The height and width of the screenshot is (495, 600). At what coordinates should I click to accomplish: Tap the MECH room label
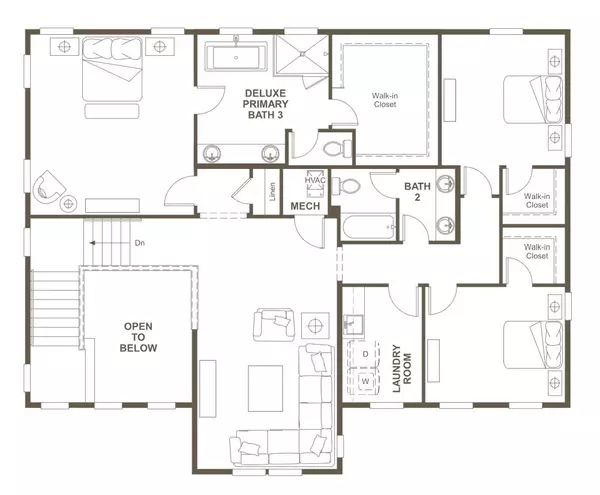(x=304, y=206)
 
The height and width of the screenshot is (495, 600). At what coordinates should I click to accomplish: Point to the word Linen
(x=274, y=191)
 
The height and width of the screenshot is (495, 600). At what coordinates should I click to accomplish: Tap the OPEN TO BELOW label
(x=139, y=339)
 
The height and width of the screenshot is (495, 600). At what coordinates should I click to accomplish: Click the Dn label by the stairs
(x=140, y=243)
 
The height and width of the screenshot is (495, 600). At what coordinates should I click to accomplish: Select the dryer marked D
(x=366, y=355)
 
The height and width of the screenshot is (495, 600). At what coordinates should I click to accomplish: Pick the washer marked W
(x=366, y=382)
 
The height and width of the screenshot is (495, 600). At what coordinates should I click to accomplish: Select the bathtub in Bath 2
(x=369, y=227)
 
